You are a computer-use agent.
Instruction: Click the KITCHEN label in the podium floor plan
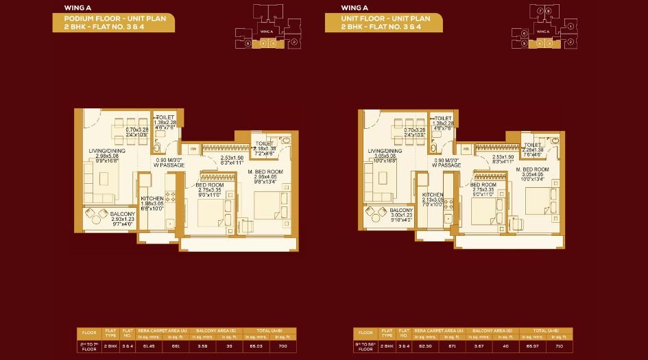[x=152, y=198]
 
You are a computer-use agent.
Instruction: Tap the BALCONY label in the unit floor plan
[x=400, y=210]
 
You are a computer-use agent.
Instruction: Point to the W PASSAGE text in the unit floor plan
[x=446, y=165]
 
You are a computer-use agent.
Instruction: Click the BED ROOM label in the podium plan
[x=208, y=184]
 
